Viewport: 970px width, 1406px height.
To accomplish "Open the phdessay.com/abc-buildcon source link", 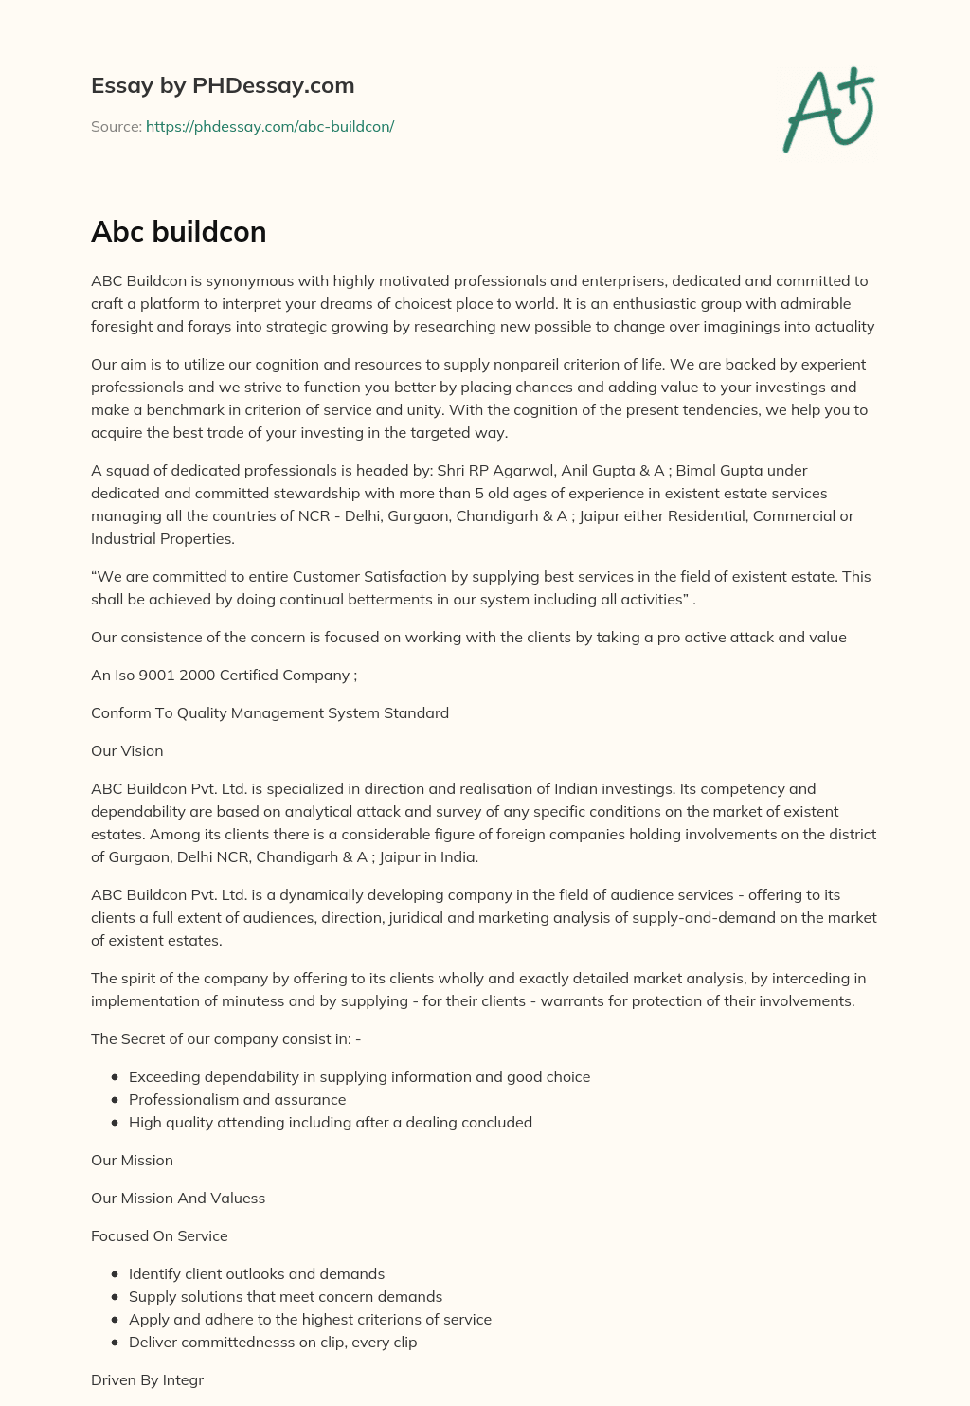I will click(x=269, y=126).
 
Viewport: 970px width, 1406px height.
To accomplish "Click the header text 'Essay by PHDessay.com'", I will click(x=223, y=85).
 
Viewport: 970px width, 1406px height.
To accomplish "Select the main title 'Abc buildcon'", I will click(x=178, y=231).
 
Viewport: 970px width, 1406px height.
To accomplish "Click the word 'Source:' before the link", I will click(x=116, y=126).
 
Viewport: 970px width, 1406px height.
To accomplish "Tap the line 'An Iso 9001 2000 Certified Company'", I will click(x=224, y=675).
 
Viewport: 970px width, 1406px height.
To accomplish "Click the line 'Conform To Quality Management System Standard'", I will click(x=270, y=712).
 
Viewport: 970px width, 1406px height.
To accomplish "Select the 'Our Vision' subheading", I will click(x=127, y=750).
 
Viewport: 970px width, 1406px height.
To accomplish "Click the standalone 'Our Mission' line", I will click(x=132, y=1160).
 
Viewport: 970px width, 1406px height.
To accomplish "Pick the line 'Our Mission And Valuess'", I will click(x=178, y=1198).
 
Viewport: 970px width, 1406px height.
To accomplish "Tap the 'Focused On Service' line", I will click(x=159, y=1235).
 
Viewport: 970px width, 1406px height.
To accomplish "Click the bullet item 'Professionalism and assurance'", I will click(x=237, y=1099).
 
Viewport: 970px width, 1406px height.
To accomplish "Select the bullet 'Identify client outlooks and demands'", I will click(x=257, y=1273).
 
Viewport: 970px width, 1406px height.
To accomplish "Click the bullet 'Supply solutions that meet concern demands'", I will click(x=285, y=1296).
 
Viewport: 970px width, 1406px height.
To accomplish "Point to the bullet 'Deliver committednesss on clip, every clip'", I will click(x=273, y=1342).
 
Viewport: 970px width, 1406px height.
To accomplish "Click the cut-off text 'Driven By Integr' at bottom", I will click(x=147, y=1379).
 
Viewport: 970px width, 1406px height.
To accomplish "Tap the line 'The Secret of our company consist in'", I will click(x=225, y=1038).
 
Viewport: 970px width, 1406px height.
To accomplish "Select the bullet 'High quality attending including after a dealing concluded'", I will click(x=331, y=1122).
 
